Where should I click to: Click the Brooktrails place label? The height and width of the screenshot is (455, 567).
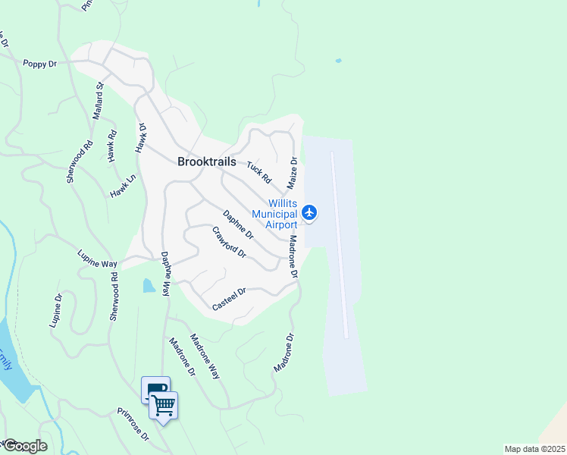click(206, 161)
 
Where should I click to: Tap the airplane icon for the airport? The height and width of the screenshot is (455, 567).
click(309, 213)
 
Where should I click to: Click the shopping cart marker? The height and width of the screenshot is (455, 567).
click(164, 406)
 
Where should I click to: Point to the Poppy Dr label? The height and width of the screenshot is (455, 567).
click(40, 64)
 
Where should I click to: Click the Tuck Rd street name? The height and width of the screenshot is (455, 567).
click(258, 172)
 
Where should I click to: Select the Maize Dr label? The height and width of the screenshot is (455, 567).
click(292, 174)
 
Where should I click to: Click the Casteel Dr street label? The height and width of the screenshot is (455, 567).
click(230, 298)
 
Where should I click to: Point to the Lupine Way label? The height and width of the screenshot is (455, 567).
click(97, 259)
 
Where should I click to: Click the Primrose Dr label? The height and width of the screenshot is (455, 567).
click(133, 425)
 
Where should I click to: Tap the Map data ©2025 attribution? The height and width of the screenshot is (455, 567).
click(534, 449)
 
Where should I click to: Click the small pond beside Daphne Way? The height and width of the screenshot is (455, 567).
click(149, 286)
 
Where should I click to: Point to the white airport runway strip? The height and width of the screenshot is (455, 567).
click(339, 243)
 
